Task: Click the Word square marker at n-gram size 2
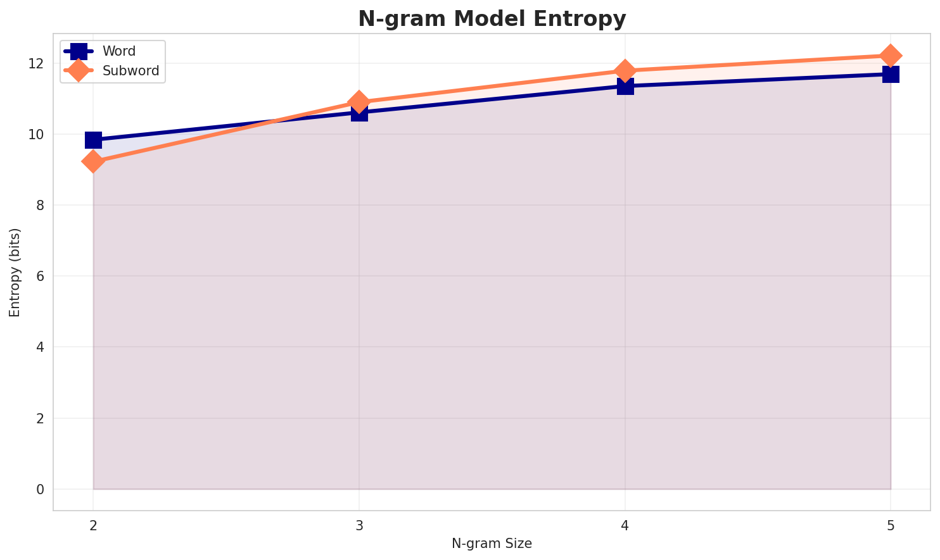coord(93,140)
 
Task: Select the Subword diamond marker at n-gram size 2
coord(93,161)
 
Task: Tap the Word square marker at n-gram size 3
coord(359,113)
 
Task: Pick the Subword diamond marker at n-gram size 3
coord(359,101)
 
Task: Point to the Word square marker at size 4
coord(625,86)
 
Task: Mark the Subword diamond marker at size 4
coord(625,70)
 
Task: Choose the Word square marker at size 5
coord(891,75)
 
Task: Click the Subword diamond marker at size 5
coord(891,56)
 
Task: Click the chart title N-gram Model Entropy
coord(492,19)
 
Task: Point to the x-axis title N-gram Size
coord(492,544)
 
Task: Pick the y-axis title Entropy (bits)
coord(15,272)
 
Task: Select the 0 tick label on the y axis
coord(39,490)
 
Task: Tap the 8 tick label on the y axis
coord(39,206)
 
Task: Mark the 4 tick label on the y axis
coord(39,347)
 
